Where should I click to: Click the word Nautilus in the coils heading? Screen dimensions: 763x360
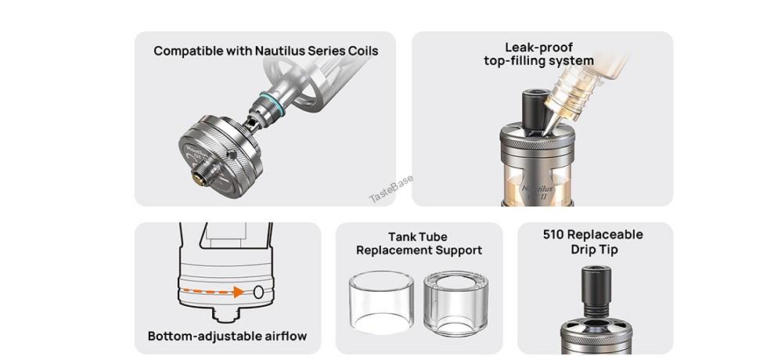pos(280,51)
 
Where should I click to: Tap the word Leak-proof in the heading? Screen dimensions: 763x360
pos(538,47)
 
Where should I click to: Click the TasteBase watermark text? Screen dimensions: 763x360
pos(391,189)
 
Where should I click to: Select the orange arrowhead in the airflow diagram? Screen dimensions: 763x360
pos(239,292)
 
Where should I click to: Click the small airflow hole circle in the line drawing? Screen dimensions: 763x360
pos(258,292)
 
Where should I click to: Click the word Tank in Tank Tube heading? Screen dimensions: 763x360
pos(401,237)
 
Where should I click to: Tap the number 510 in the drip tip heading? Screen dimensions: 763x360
pos(553,235)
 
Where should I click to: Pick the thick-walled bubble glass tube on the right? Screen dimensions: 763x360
pos(455,304)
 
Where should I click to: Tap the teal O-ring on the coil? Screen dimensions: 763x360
pos(272,104)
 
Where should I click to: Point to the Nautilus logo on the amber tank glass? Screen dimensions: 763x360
pos(537,191)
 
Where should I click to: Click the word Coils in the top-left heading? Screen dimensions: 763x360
pos(362,51)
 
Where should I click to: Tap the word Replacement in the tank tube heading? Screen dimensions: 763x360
pos(394,250)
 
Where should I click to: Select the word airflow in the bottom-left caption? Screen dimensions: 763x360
pos(286,337)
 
